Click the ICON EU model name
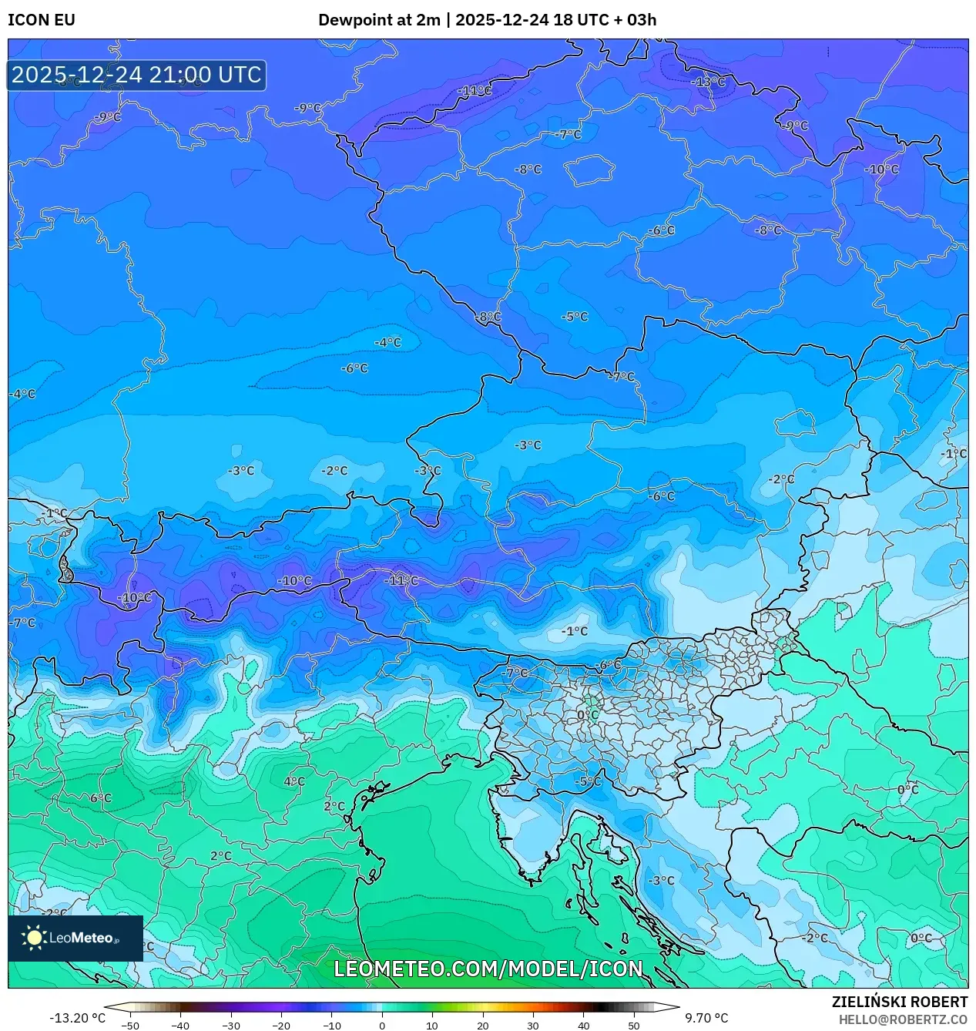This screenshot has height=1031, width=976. pyautogui.click(x=42, y=20)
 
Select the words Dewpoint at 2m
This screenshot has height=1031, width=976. pyautogui.click(x=377, y=20)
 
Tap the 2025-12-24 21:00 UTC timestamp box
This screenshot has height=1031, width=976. pyautogui.click(x=136, y=75)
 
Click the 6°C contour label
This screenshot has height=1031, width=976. pyautogui.click(x=101, y=798)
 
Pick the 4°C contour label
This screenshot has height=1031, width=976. pyautogui.click(x=294, y=781)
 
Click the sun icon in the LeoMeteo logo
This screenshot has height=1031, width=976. pyautogui.click(x=34, y=938)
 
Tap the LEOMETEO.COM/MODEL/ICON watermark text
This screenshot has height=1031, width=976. pyautogui.click(x=488, y=969)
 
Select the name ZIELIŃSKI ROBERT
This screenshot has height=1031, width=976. pyautogui.click(x=899, y=1002)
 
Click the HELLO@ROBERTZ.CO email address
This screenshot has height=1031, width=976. pyautogui.click(x=903, y=1019)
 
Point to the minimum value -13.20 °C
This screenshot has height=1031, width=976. pyautogui.click(x=77, y=1018)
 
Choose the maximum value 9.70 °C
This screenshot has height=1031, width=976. pyautogui.click(x=706, y=1018)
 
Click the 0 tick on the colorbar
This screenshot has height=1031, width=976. pyautogui.click(x=381, y=1025)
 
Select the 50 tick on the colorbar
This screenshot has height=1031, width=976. pyautogui.click(x=633, y=1025)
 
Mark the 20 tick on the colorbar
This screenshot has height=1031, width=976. pyautogui.click(x=482, y=1025)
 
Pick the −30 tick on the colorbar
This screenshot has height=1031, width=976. pyautogui.click(x=230, y=1025)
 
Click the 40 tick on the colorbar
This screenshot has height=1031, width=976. pyautogui.click(x=583, y=1025)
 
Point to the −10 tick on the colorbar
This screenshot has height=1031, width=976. pyautogui.click(x=331, y=1025)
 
